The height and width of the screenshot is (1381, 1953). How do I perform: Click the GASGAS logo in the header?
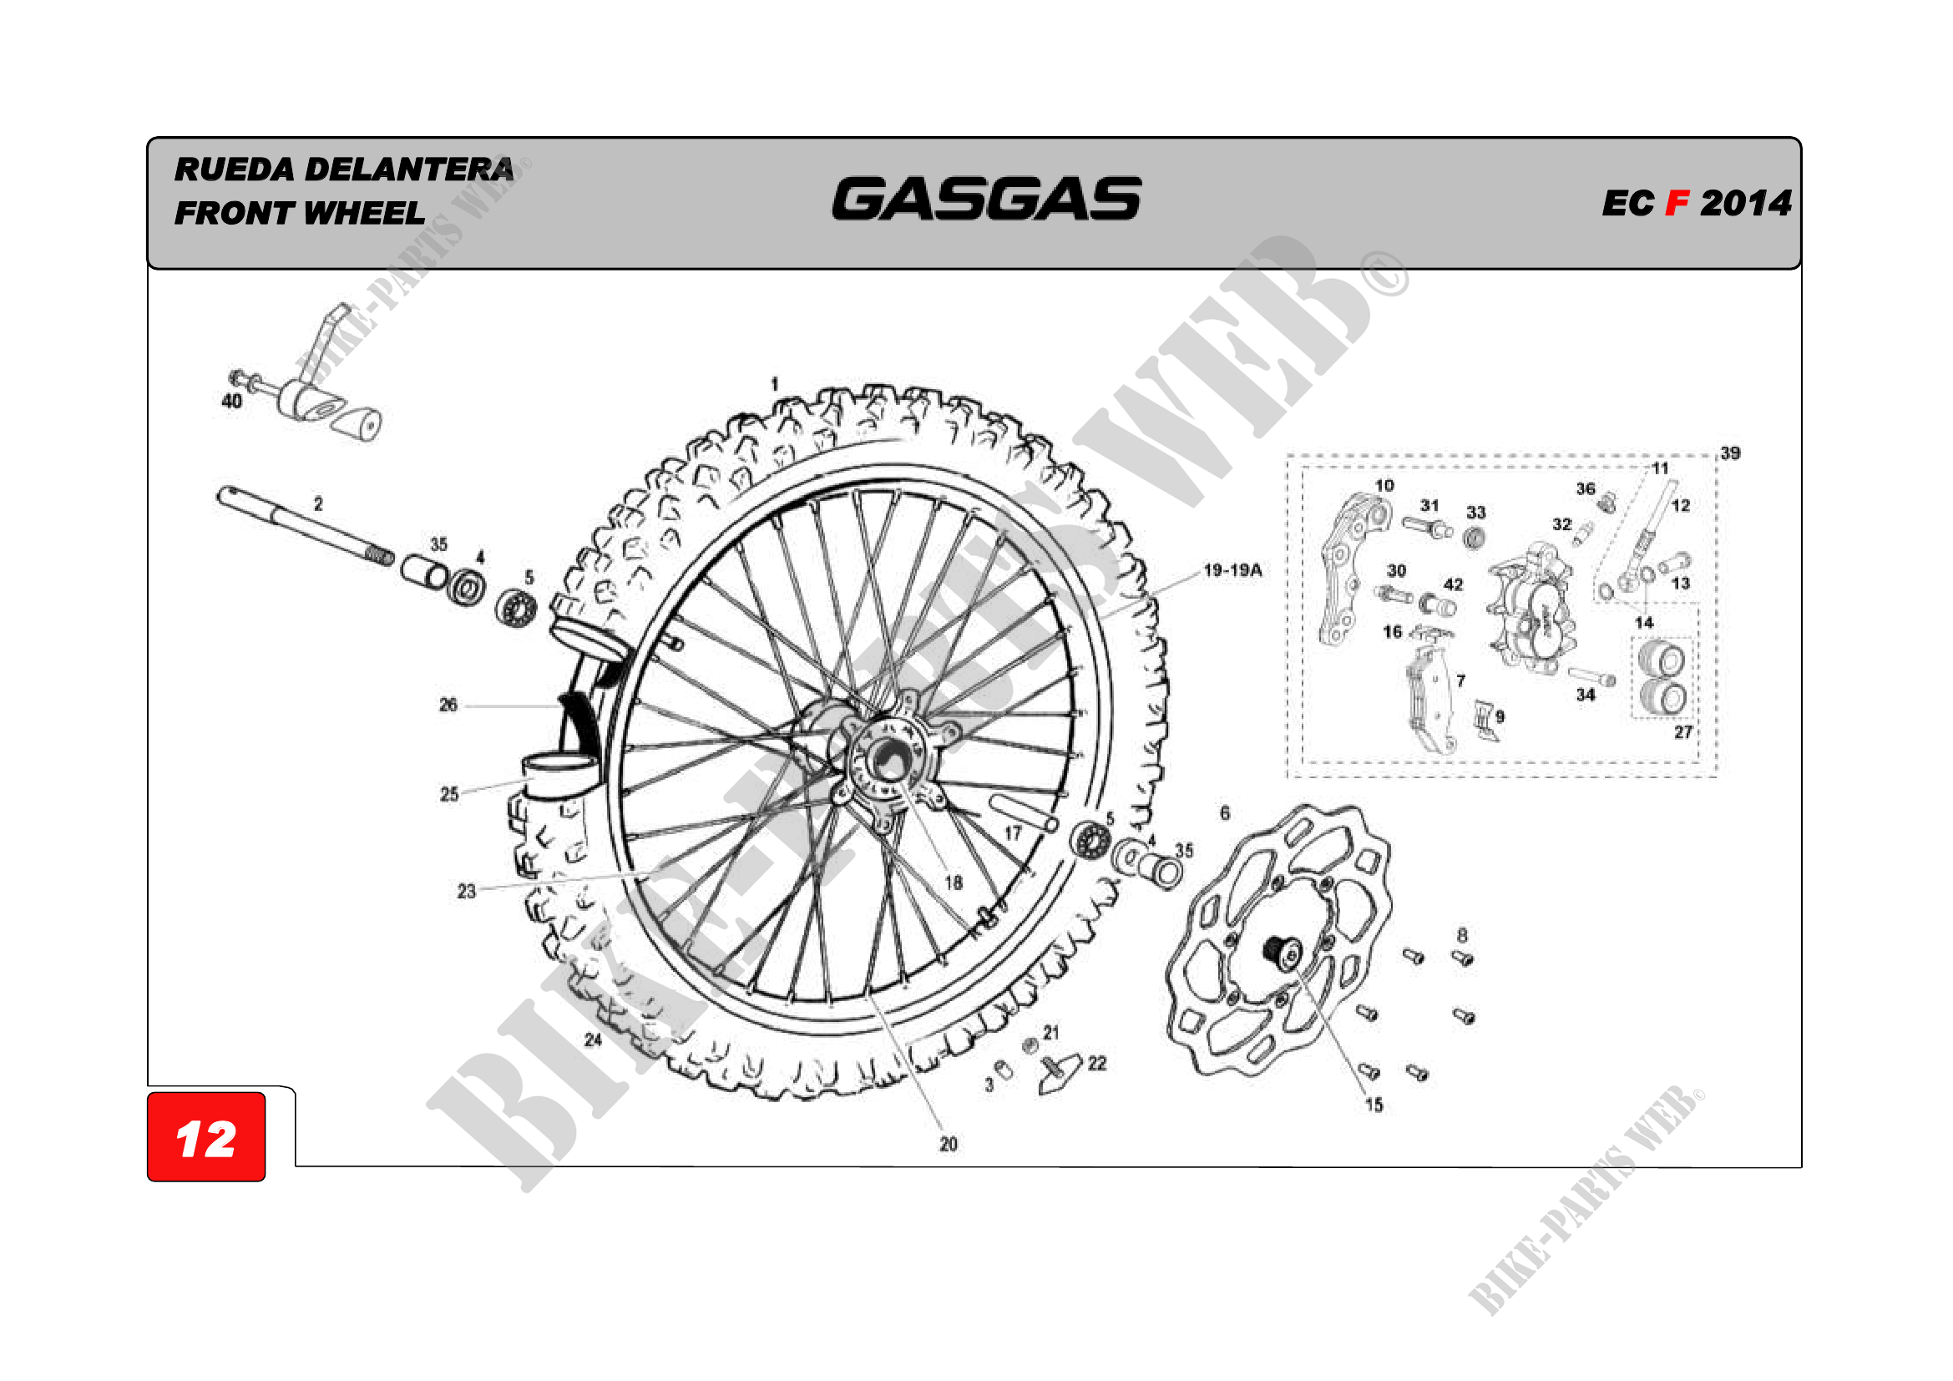(986, 198)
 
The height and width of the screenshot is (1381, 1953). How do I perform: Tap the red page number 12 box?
(206, 1137)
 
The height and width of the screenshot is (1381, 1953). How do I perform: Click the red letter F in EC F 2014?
(1677, 203)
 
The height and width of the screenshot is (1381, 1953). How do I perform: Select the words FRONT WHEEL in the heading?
(300, 213)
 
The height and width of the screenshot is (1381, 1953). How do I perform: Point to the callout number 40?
(231, 401)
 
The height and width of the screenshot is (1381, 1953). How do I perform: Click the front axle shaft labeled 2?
(306, 524)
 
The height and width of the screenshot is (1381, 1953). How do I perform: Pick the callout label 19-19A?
(1232, 569)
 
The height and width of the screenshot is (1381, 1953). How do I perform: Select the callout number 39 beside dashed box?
(1730, 453)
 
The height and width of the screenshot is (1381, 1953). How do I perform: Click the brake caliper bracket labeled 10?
(1354, 569)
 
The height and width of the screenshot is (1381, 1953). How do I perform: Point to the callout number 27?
(1683, 732)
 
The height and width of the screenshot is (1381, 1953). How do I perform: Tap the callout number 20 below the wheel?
(949, 1145)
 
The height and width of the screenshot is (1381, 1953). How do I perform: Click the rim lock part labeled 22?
(1060, 1074)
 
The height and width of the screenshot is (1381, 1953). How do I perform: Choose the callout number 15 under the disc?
(1374, 1105)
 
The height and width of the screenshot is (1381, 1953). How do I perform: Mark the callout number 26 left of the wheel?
(448, 704)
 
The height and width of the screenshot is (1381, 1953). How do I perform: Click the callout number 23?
(466, 891)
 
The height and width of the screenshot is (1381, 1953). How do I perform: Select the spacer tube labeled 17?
(1024, 812)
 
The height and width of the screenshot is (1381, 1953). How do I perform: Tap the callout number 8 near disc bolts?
(1462, 934)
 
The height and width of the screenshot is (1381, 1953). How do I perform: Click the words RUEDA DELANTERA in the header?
(344, 169)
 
